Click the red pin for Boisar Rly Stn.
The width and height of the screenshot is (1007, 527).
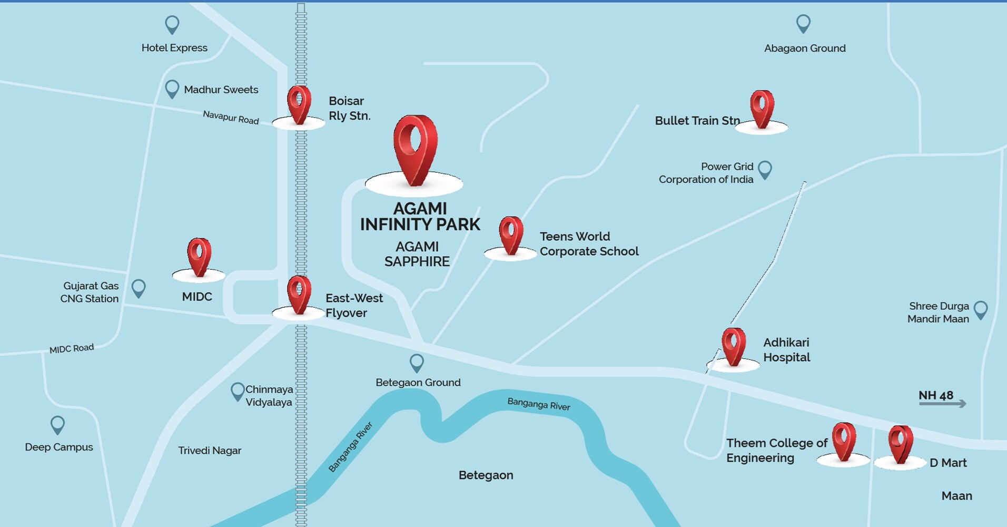coord(299,104)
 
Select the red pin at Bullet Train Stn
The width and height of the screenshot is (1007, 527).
coord(762,108)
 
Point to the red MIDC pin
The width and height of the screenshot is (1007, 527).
coord(199,256)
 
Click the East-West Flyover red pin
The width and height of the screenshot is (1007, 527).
coord(299,294)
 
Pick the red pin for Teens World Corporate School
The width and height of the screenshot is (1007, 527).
coord(511,235)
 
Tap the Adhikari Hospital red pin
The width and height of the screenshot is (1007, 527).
coord(734,346)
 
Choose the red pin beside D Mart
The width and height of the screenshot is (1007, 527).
coord(900,444)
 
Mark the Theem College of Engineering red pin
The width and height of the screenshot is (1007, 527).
coord(844,441)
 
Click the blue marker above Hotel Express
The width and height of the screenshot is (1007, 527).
coord(172,24)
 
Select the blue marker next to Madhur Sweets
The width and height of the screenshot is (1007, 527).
coord(172,89)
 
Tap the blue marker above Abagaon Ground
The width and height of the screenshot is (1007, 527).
coord(803,23)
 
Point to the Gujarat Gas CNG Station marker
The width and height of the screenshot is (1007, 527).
coord(139,288)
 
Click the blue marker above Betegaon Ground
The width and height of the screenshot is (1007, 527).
coord(417,362)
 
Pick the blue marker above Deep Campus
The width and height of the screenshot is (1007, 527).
coord(57,424)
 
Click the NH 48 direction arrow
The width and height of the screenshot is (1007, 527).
coord(942,404)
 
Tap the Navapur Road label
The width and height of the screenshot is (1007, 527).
coord(231,117)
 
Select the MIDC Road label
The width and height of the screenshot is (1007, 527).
coord(72,348)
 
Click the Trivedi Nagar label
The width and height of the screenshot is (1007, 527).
coord(210,451)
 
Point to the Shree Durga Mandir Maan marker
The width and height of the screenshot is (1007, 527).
coord(981,309)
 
